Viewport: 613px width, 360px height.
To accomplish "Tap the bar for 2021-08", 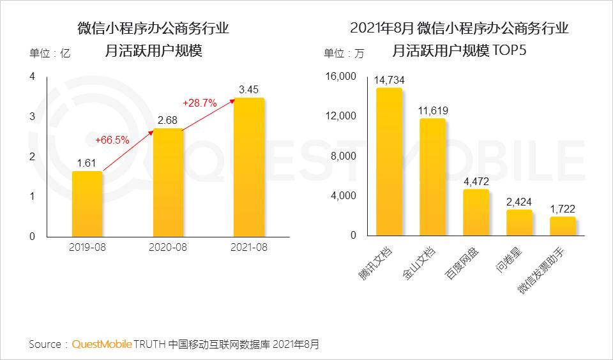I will [249, 167].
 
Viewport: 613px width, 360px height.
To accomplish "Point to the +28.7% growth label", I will [200, 102].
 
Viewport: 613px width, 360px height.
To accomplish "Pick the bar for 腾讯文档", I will [389, 161].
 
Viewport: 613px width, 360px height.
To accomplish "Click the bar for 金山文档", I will [432, 177].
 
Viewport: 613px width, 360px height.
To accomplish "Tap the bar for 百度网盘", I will [476, 212].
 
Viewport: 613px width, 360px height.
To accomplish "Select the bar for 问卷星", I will [519, 222].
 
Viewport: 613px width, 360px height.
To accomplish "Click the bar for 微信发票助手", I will [563, 226].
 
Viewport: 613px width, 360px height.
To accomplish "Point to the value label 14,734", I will [390, 80].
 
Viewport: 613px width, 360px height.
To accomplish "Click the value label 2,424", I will [519, 202].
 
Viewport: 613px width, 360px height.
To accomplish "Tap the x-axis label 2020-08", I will [168, 247].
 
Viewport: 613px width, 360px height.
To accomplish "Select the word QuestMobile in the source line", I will [102, 345].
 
